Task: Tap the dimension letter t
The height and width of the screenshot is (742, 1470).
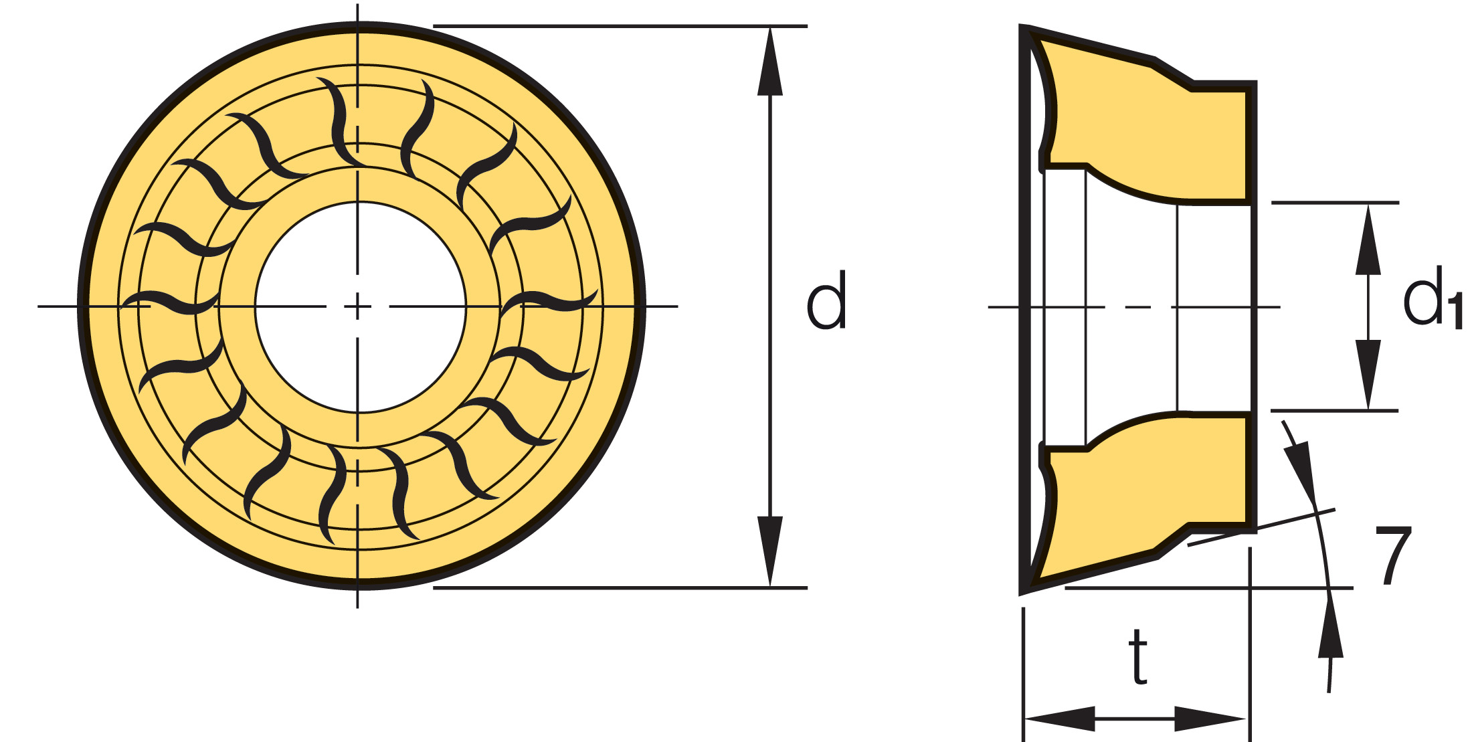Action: click(1137, 657)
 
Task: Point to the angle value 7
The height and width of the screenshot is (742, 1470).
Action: click(1393, 555)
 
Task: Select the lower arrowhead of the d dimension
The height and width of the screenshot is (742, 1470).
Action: click(770, 551)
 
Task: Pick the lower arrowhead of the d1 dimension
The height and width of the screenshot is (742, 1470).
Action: click(1368, 373)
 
